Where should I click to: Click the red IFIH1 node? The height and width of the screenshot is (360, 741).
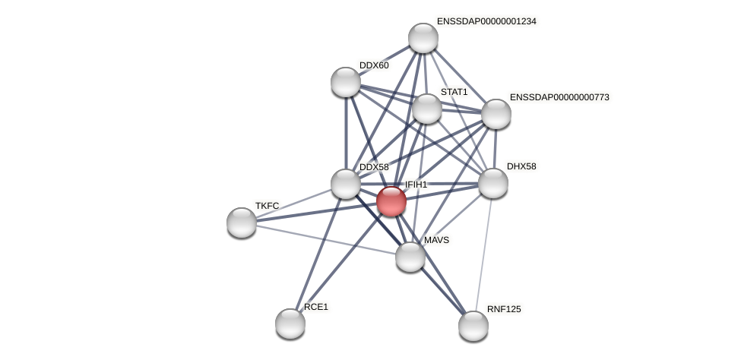coord(391,201)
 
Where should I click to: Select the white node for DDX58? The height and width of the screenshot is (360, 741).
coord(346,184)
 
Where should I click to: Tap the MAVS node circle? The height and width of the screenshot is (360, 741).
coord(410,257)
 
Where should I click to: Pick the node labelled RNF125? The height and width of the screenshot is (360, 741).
coord(473,326)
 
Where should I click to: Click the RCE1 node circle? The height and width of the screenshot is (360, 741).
coord(290,324)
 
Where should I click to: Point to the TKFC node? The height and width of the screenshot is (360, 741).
coord(242,223)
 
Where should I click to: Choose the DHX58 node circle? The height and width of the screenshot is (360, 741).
coord(493,183)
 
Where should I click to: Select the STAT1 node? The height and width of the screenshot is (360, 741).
coord(427,109)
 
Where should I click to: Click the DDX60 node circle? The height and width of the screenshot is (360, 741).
coord(346,82)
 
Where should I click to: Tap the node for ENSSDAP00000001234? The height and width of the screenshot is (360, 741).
coord(423,38)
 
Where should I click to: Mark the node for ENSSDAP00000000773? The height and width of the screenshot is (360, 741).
coord(496,114)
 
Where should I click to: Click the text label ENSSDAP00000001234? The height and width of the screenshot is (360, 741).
coord(486,21)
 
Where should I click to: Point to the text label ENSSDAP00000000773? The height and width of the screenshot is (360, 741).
coord(559,97)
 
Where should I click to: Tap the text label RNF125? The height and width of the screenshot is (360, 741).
coord(504,309)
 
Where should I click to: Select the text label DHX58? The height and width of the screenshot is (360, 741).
coord(521,166)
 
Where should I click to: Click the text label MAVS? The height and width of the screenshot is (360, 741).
coord(436,240)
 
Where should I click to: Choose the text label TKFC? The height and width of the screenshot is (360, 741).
coord(267,206)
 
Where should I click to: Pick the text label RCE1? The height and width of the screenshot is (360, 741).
coord(316,307)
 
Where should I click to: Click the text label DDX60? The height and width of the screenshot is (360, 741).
coord(374,65)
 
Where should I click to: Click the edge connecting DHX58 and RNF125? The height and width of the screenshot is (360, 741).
coord(483,254)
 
